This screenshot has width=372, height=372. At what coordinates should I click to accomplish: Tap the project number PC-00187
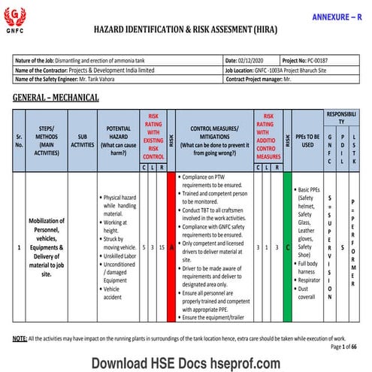[x=326, y=59]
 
